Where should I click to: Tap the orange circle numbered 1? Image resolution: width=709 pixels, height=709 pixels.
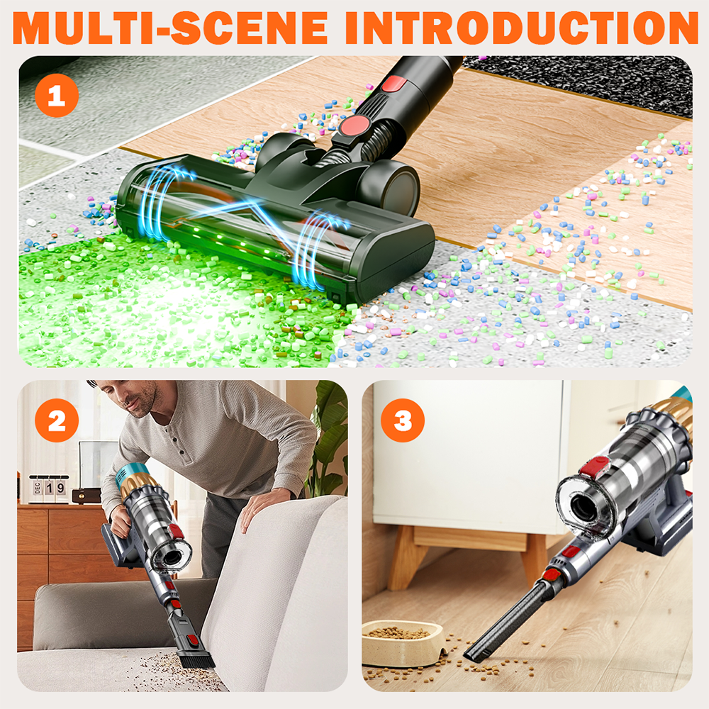pyautogui.click(x=57, y=96)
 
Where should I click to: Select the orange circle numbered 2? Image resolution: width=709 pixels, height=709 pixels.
pyautogui.click(x=57, y=420)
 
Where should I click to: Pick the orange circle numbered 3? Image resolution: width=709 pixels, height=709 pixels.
pyautogui.click(x=403, y=420)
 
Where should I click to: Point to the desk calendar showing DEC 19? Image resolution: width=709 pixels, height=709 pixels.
pyautogui.click(x=49, y=489)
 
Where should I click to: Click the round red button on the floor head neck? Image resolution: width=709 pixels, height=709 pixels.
pyautogui.click(x=356, y=125)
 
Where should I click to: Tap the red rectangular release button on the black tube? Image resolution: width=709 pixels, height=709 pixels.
pyautogui.click(x=394, y=84)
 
